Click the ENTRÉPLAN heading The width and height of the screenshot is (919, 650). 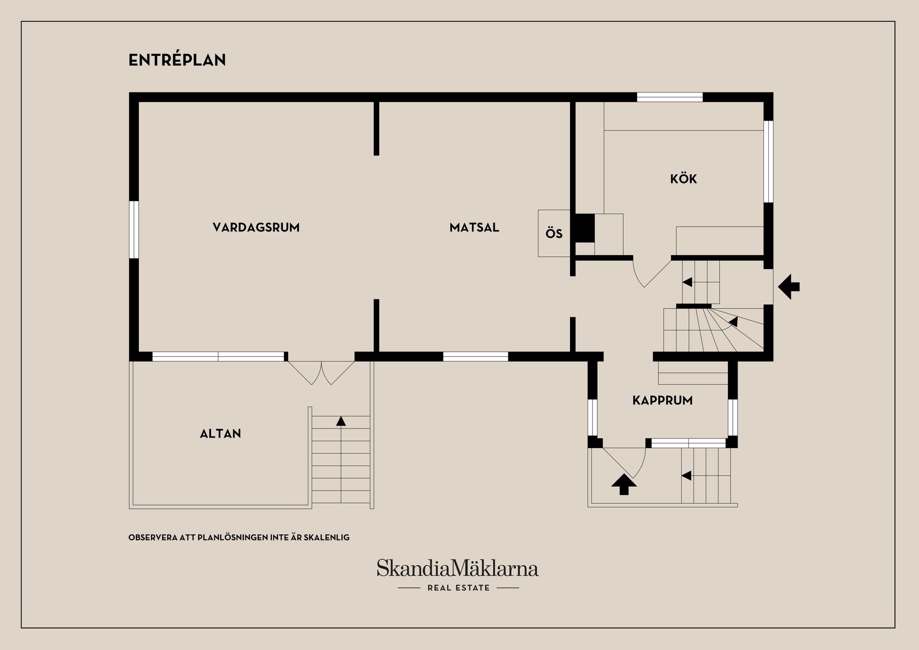point(177,60)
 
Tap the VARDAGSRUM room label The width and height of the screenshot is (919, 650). point(256,227)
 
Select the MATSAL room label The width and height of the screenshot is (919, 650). point(474,227)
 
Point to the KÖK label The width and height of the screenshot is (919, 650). point(684,179)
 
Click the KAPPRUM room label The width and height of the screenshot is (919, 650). point(662,400)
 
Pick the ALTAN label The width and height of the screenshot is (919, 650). point(220,434)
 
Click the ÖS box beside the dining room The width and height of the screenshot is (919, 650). point(554,233)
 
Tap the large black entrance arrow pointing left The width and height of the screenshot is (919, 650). point(789,287)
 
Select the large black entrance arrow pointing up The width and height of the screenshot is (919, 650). point(624,484)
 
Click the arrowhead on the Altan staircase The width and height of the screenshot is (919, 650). point(341,421)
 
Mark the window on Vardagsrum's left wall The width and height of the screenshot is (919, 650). point(134,230)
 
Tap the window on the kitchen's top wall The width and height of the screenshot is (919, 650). point(670,97)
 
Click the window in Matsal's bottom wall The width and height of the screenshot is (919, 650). point(475,357)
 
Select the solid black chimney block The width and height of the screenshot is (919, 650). point(584,228)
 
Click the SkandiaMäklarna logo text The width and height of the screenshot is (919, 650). point(458,568)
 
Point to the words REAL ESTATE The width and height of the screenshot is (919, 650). point(459,588)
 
